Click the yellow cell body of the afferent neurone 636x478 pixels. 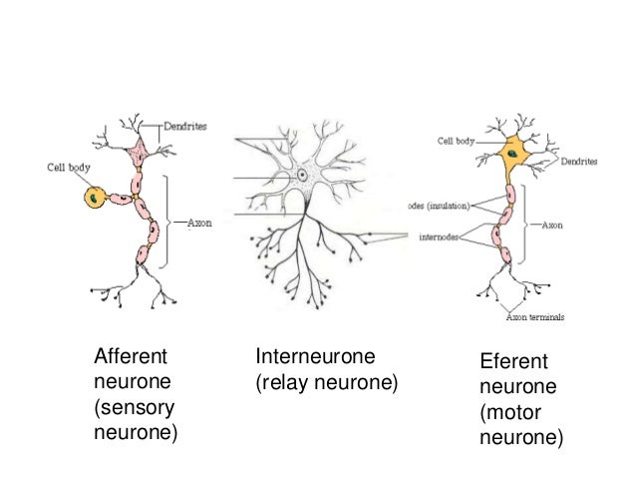tap(93, 198)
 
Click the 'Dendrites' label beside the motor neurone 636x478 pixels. tap(579, 161)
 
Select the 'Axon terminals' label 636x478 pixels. tap(534, 317)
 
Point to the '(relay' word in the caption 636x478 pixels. tap(281, 382)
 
